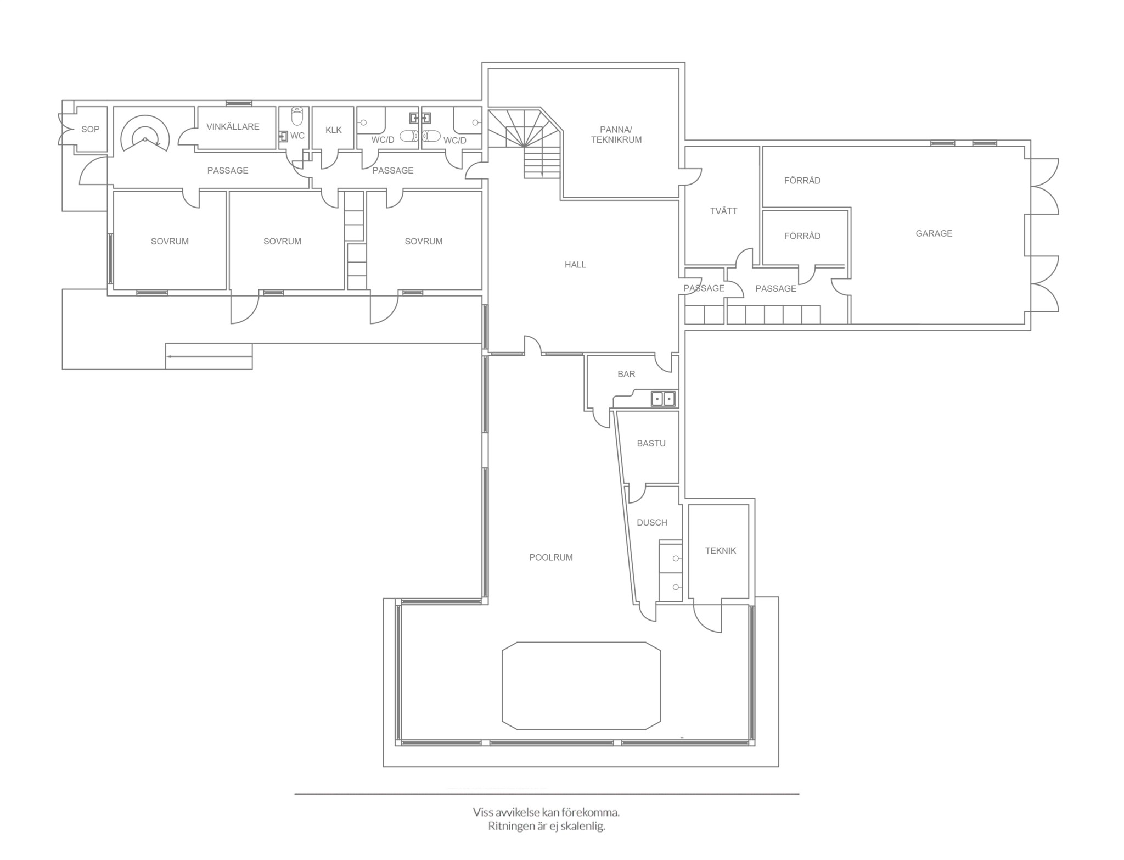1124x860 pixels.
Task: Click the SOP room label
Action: pyautogui.click(x=91, y=130)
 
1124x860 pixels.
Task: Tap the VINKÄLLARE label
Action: pyautogui.click(x=233, y=127)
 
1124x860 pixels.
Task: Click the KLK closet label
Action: pyautogui.click(x=333, y=130)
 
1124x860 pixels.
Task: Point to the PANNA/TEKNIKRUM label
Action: pyautogui.click(x=616, y=135)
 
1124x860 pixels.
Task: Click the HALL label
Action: pyautogui.click(x=575, y=265)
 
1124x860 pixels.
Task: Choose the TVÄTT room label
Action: pyautogui.click(x=723, y=211)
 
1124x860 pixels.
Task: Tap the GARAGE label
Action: pyautogui.click(x=934, y=233)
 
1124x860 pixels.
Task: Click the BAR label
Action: pyautogui.click(x=626, y=374)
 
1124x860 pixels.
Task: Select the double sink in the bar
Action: pyautogui.click(x=663, y=399)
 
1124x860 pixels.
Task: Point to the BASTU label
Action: pyautogui.click(x=651, y=443)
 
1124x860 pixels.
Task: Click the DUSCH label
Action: pyautogui.click(x=652, y=522)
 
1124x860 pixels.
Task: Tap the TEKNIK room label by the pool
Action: pyautogui.click(x=720, y=550)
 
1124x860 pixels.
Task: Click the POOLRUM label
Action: pyautogui.click(x=550, y=557)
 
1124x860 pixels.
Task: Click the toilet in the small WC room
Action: pyautogui.click(x=297, y=116)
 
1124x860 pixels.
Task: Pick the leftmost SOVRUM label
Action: pyautogui.click(x=170, y=241)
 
